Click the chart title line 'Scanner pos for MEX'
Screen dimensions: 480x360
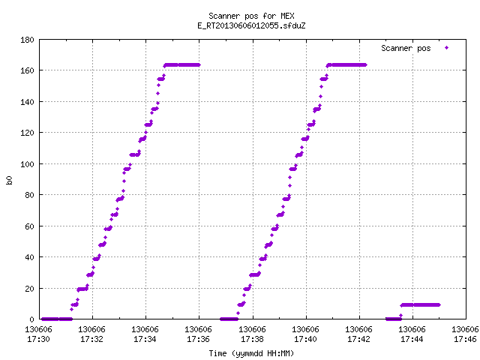coord(251,16)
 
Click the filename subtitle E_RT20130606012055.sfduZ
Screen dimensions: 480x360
coord(251,25)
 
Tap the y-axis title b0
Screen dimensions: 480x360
coord(10,180)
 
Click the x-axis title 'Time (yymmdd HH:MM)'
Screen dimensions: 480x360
coord(251,353)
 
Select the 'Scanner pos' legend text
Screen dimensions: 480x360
coord(406,48)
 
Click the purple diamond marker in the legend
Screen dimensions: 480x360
coord(447,48)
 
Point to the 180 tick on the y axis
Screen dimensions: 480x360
coord(27,40)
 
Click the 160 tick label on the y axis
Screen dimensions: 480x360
coord(27,70)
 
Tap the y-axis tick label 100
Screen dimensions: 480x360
coord(27,164)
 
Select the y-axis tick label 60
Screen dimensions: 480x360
coord(29,226)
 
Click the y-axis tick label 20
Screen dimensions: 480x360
coord(29,289)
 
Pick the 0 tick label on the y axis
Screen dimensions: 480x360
coord(31,319)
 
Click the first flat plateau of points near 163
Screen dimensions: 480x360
coord(182,65)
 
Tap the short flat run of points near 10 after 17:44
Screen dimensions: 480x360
coord(420,305)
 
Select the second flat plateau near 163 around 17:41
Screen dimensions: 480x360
coord(346,65)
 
